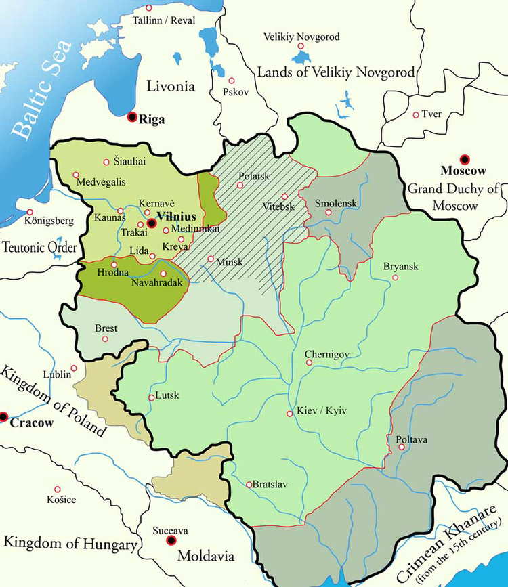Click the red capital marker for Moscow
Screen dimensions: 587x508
(464, 160)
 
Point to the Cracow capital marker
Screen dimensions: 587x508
(4, 415)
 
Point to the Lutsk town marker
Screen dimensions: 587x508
(151, 397)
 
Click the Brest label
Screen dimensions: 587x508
(106, 328)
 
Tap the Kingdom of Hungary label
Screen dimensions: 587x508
(70, 543)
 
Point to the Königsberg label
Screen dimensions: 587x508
(49, 221)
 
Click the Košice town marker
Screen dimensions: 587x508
(58, 489)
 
